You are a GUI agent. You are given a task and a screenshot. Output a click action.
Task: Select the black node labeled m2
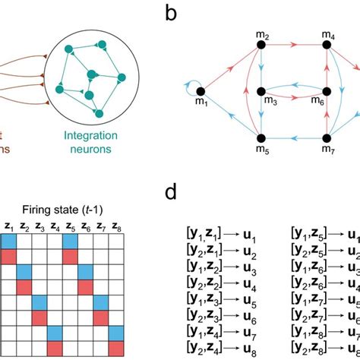click(261, 46)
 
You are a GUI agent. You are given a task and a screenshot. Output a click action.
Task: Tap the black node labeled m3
click(261, 91)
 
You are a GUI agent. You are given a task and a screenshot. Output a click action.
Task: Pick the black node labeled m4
click(328, 46)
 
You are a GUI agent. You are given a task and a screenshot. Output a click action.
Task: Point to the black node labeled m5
click(261, 138)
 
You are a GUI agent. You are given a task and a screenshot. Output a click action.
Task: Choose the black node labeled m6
click(328, 91)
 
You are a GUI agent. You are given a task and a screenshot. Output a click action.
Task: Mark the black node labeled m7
click(328, 138)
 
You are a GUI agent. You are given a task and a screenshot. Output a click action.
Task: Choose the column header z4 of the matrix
click(55, 226)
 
